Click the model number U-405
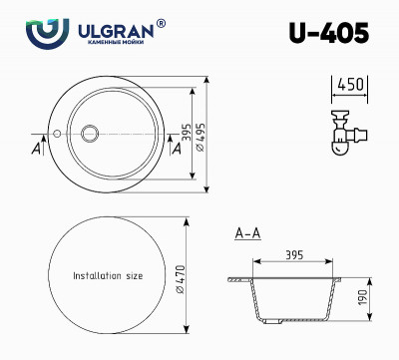[328, 33]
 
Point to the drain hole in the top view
[91, 132]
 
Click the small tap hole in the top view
[58, 131]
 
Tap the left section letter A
[36, 149]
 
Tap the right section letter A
[178, 149]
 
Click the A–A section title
[246, 233]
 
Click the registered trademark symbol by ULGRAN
[162, 22]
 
